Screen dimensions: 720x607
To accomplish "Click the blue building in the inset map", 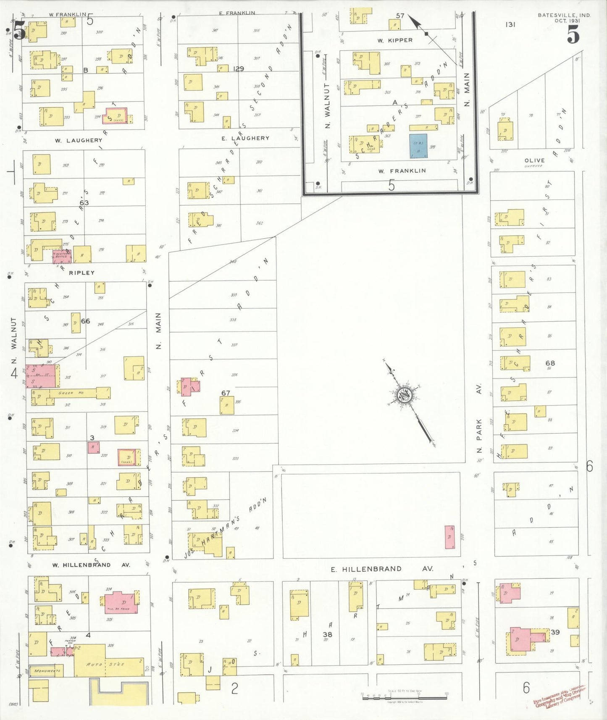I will tap(418, 146).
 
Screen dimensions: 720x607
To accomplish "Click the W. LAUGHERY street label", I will tap(79, 140).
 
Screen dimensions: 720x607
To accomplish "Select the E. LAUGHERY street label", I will tap(246, 138).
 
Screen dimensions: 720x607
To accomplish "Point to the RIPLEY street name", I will tap(81, 273).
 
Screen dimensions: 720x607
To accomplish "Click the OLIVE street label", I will tap(534, 160).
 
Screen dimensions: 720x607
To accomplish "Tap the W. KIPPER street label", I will tap(395, 41).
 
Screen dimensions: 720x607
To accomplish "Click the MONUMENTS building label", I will tap(47, 671).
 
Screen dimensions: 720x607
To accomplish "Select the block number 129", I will tap(239, 69).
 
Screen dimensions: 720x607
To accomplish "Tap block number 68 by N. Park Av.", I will tap(550, 363).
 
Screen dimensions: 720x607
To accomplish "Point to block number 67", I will tap(226, 393).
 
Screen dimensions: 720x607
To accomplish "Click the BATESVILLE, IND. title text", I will tap(564, 15).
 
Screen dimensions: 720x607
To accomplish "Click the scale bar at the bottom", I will tap(404, 698).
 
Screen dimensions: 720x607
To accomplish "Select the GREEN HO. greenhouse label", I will tap(71, 393).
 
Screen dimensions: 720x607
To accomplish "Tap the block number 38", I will tap(327, 634).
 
